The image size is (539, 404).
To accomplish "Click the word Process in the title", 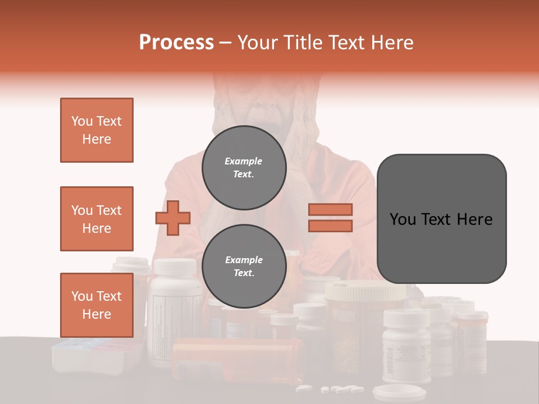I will pyautogui.click(x=176, y=43).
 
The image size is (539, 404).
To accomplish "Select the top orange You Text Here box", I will pyautogui.click(x=97, y=130).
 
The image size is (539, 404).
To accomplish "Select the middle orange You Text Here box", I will pyautogui.click(x=97, y=219).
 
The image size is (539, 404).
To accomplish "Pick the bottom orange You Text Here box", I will pyautogui.click(x=97, y=305).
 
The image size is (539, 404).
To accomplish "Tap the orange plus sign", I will pyautogui.click(x=173, y=218).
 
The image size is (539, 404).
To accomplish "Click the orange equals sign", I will pyautogui.click(x=330, y=218).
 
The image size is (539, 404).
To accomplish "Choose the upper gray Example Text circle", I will pyautogui.click(x=244, y=167).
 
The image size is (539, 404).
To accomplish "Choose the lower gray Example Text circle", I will pyautogui.click(x=244, y=266).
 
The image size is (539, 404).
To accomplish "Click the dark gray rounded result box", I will pyautogui.click(x=441, y=219).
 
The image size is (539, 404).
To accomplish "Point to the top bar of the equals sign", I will pyautogui.click(x=330, y=209).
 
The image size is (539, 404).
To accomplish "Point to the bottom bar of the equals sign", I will pyautogui.click(x=330, y=226).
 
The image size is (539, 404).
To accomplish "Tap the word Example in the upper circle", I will pyautogui.click(x=244, y=161).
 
